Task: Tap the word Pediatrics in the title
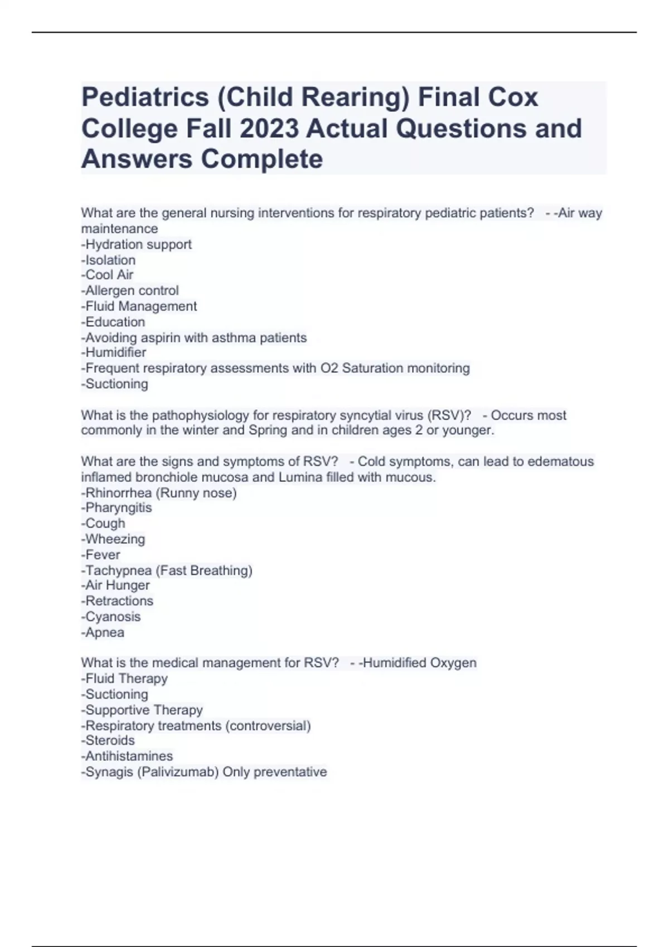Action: pos(145,97)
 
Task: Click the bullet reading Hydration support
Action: pos(137,244)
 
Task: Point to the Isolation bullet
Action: pos(109,260)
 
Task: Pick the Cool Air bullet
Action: pos(108,275)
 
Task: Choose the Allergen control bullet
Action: pos(130,290)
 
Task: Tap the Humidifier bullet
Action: pos(114,352)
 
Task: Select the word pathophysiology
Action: pos(200,415)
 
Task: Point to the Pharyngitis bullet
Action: pos(117,507)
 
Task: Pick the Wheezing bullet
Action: pos(113,539)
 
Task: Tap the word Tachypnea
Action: pos(118,570)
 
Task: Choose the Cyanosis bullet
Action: pos(111,617)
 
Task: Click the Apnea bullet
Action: pos(103,632)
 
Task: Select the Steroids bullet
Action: pos(108,740)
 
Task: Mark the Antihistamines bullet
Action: pos(127,756)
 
